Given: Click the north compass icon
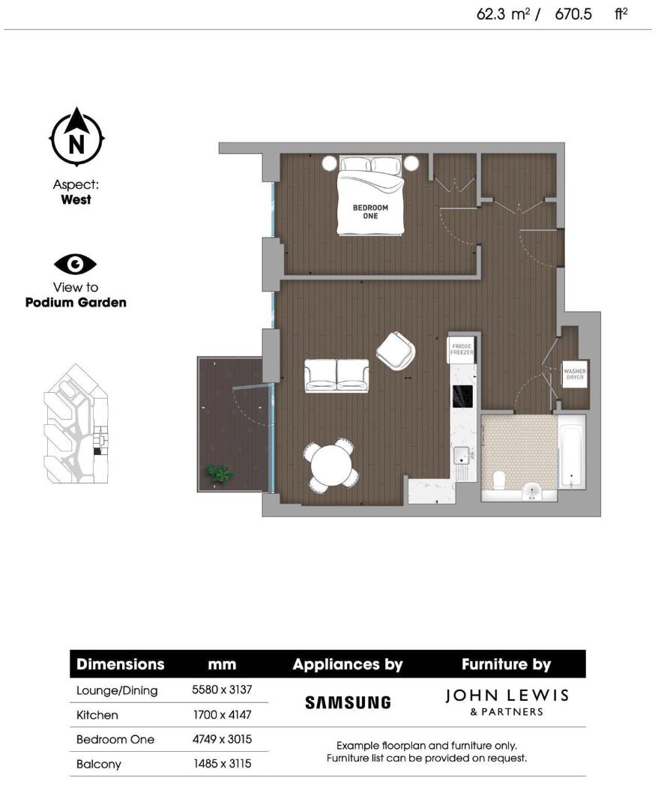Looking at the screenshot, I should [x=76, y=139].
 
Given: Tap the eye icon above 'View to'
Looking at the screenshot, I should [x=75, y=264].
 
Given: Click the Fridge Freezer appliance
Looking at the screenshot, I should [x=462, y=349].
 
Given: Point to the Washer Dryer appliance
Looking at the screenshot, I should [x=575, y=374].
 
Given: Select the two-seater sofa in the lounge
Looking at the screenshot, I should [x=336, y=375].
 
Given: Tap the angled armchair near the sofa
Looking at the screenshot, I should [x=395, y=350].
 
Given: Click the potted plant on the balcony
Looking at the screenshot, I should [x=219, y=473].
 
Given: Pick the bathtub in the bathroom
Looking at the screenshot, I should [x=573, y=453].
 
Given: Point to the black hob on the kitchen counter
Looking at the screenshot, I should [x=462, y=395].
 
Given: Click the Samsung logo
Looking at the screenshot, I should [x=348, y=702].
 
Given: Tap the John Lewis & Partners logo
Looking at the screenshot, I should [x=507, y=702].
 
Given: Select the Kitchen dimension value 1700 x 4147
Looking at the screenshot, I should [x=222, y=715].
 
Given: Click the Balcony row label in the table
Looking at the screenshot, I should [x=99, y=764].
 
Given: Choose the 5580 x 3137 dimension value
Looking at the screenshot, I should [x=222, y=690].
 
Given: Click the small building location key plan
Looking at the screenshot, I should [x=75, y=424].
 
